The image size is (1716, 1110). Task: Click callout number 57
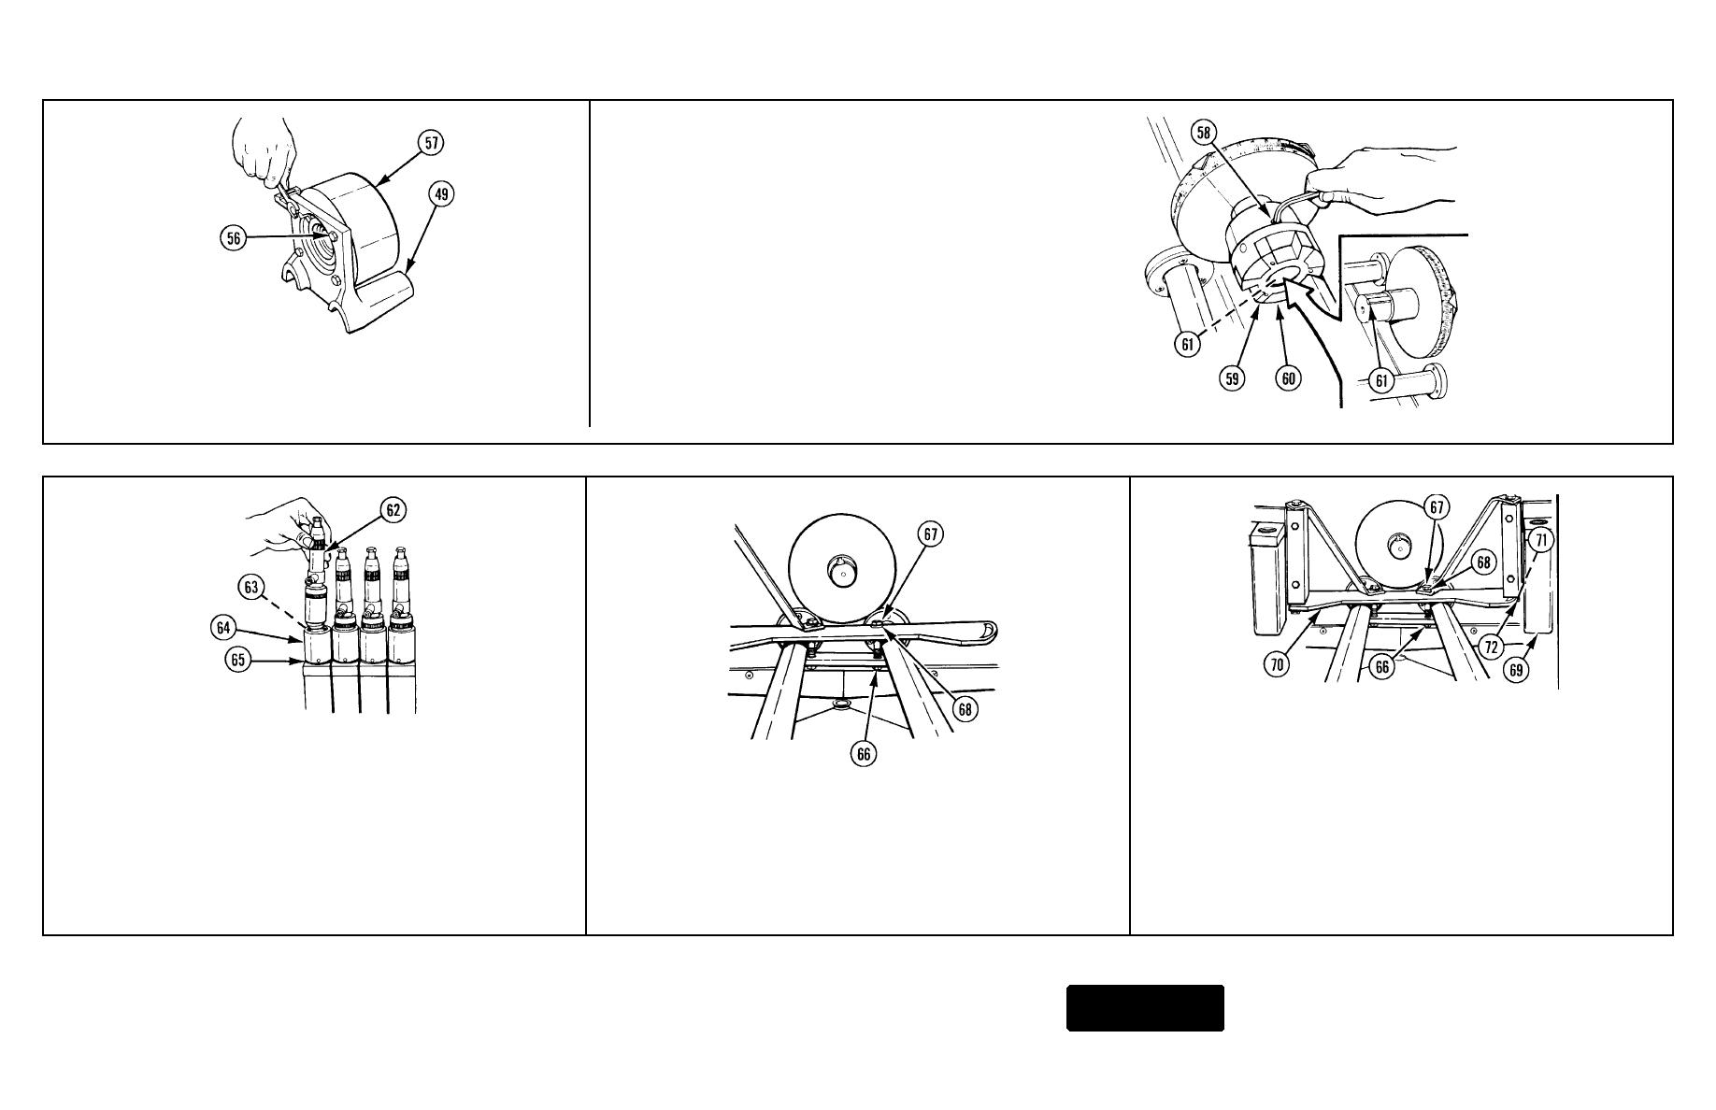pos(432,143)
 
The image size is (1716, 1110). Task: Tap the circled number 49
pos(441,194)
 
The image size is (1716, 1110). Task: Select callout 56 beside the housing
pos(234,238)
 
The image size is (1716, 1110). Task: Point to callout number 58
pos(1204,133)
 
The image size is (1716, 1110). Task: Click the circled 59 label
pos(1233,378)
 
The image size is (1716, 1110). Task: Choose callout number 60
pos(1289,378)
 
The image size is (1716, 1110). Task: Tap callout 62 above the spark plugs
pos(393,510)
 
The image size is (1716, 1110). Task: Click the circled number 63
pos(250,587)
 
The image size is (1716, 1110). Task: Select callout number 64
pos(222,628)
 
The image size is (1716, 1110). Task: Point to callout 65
pos(237,660)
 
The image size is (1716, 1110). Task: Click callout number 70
pos(1277,664)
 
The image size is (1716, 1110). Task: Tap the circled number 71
pos(1541,539)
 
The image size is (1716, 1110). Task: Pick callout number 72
pos(1492,647)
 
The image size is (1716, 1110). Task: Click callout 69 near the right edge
pos(1516,669)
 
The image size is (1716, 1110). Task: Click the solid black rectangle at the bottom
pos(1146,1008)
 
